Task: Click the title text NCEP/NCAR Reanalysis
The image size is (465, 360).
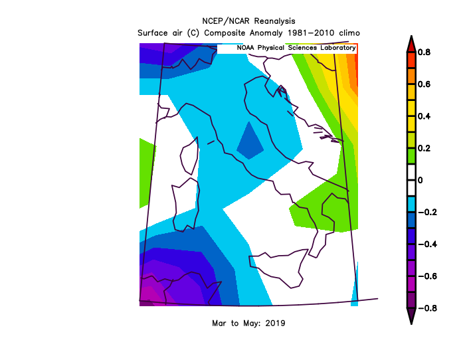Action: (x=248, y=21)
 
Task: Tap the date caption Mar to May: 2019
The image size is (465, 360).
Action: (x=247, y=323)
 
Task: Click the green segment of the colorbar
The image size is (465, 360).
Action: (x=411, y=156)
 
